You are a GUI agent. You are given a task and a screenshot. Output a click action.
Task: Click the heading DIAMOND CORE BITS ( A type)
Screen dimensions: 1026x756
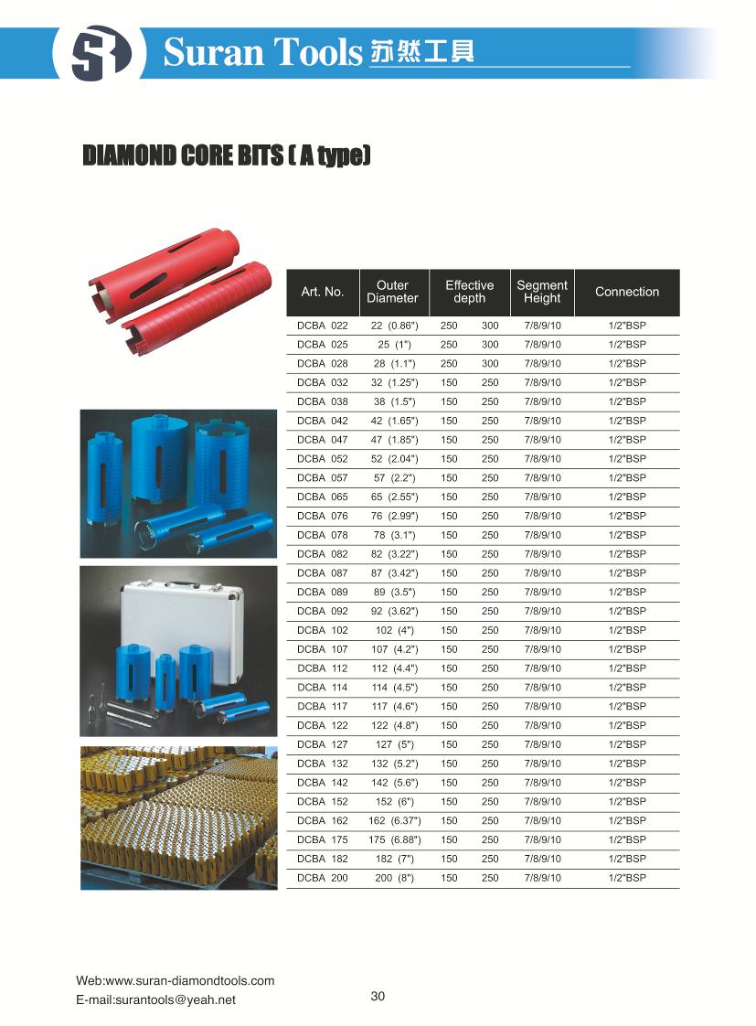[227, 155]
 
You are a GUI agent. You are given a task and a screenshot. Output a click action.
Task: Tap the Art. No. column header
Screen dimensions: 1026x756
[323, 292]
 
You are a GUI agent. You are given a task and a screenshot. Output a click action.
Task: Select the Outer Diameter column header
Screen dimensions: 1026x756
[392, 292]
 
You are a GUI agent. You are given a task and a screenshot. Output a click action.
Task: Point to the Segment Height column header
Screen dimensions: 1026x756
[542, 292]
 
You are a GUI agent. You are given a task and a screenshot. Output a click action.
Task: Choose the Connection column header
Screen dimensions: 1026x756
[627, 292]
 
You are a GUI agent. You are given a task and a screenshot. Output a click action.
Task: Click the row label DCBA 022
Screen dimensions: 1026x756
[323, 326]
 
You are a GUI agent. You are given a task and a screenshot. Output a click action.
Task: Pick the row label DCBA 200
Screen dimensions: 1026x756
[323, 878]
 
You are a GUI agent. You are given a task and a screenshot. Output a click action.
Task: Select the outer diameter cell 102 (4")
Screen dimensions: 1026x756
[395, 630]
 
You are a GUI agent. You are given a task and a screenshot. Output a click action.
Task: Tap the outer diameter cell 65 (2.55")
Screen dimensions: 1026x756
[395, 497]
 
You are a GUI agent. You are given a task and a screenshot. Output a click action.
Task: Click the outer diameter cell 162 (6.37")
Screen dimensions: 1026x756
[395, 820]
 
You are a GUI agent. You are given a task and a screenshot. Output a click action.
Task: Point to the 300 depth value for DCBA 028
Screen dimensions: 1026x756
[490, 364]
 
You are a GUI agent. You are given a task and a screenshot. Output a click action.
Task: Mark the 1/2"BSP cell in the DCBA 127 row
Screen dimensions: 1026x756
[627, 744]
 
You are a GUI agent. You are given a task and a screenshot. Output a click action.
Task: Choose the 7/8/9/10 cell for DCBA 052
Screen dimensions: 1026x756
[542, 459]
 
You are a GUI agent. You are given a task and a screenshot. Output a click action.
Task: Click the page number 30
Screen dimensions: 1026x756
[378, 996]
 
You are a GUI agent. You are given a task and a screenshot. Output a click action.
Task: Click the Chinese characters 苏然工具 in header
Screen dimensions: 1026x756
[422, 53]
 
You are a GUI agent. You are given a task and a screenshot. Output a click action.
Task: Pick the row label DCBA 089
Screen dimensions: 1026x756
[323, 592]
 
